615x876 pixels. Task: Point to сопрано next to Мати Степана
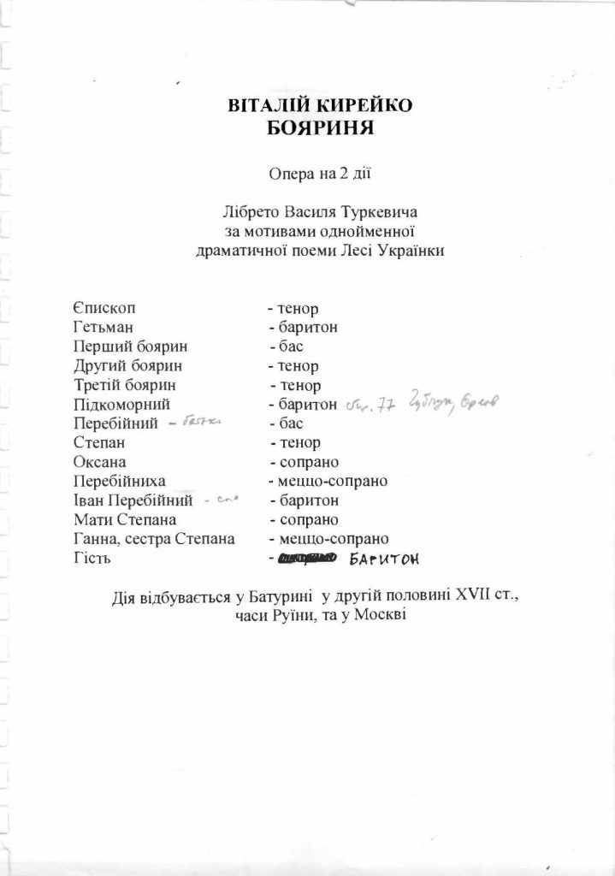(x=305, y=519)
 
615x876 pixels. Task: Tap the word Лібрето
(x=248, y=211)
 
